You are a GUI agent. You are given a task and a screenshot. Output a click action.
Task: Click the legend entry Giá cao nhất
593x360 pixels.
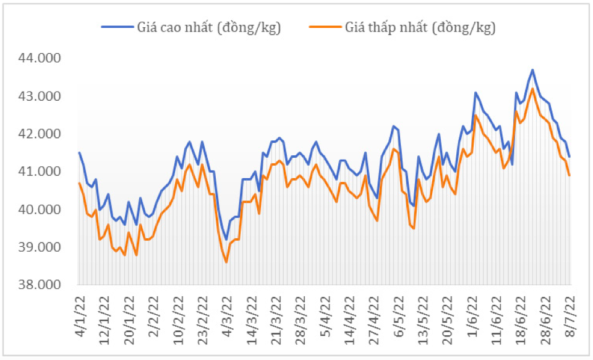point(209,27)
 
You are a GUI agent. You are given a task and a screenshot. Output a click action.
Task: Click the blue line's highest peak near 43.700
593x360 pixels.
point(532,70)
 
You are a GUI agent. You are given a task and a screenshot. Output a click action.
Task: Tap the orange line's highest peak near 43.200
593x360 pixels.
point(532,88)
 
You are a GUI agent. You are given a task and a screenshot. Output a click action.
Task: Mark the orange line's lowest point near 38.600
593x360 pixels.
point(226,262)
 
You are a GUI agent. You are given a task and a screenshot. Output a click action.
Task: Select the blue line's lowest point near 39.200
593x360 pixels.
point(226,240)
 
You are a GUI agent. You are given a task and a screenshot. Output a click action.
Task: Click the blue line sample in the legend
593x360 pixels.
point(117,27)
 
